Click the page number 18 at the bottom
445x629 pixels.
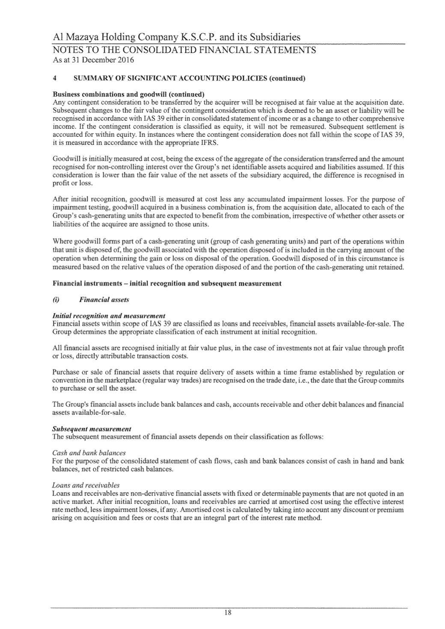click(x=228, y=613)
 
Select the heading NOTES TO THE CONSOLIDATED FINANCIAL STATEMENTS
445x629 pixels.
click(x=184, y=50)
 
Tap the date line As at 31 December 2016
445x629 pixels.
click(x=93, y=60)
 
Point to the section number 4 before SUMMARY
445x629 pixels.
click(x=54, y=79)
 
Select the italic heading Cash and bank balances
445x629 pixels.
click(x=89, y=452)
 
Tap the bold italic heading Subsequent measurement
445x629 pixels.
click(x=91, y=428)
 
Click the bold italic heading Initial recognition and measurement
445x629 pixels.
click(x=109, y=316)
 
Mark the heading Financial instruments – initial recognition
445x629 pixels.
click(x=167, y=283)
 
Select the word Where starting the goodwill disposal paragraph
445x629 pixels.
click(x=61, y=242)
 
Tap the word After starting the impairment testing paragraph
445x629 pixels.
click(x=60, y=199)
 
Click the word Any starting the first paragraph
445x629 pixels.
click(x=58, y=102)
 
